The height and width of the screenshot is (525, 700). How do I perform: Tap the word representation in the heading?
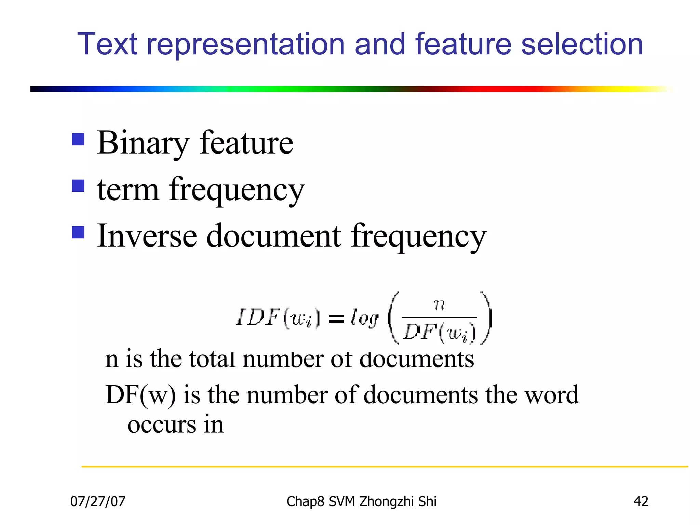(x=245, y=44)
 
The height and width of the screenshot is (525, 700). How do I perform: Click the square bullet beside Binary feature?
(x=78, y=139)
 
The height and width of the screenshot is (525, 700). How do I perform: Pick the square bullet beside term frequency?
(x=78, y=186)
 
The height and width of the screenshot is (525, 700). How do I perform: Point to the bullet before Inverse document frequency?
(x=78, y=232)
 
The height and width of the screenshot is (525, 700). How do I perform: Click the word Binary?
(x=143, y=144)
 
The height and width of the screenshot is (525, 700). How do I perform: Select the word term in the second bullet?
(x=128, y=190)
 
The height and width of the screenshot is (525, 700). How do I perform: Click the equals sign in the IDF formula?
(x=336, y=319)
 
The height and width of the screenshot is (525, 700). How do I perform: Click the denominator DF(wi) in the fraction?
(x=439, y=332)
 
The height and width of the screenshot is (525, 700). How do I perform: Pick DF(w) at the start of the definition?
(x=140, y=395)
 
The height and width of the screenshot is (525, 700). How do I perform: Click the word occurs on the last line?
(x=162, y=425)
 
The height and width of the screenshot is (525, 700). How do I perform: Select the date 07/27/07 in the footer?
(x=98, y=501)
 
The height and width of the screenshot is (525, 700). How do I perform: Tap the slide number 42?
(x=641, y=501)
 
